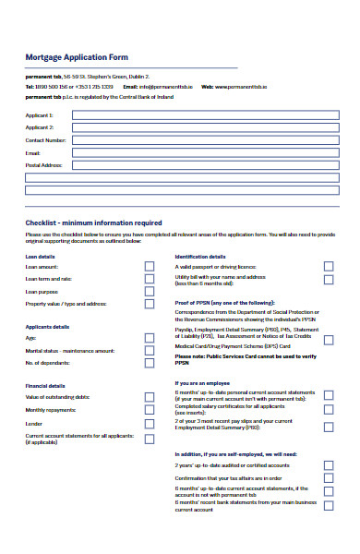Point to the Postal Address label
click(x=43, y=165)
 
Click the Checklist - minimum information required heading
click(x=93, y=223)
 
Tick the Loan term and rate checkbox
click(x=150, y=279)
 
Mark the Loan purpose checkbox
click(x=150, y=291)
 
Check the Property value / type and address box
click(x=150, y=303)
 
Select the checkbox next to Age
click(x=150, y=338)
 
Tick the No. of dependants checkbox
click(x=150, y=363)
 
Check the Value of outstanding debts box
click(x=150, y=397)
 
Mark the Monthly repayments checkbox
click(x=150, y=409)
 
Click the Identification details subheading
click(x=200, y=256)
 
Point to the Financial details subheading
click(x=46, y=386)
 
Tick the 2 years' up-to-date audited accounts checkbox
click(x=328, y=466)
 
